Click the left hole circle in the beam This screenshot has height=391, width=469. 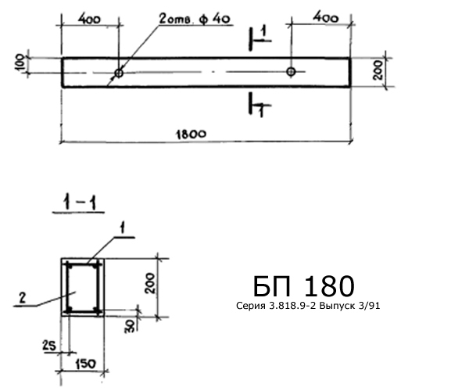pyautogui.click(x=119, y=73)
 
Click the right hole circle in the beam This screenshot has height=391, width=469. pyautogui.click(x=291, y=72)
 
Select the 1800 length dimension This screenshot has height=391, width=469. pyautogui.click(x=191, y=134)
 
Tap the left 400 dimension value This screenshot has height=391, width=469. pyautogui.click(x=89, y=19)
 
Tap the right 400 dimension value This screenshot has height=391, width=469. pyautogui.click(x=326, y=18)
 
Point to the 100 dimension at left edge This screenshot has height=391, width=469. pyautogui.click(x=20, y=63)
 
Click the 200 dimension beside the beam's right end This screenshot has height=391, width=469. pyautogui.click(x=378, y=70)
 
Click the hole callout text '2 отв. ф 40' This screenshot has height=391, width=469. pyautogui.click(x=195, y=20)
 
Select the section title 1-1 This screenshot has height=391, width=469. pyautogui.click(x=79, y=204)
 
